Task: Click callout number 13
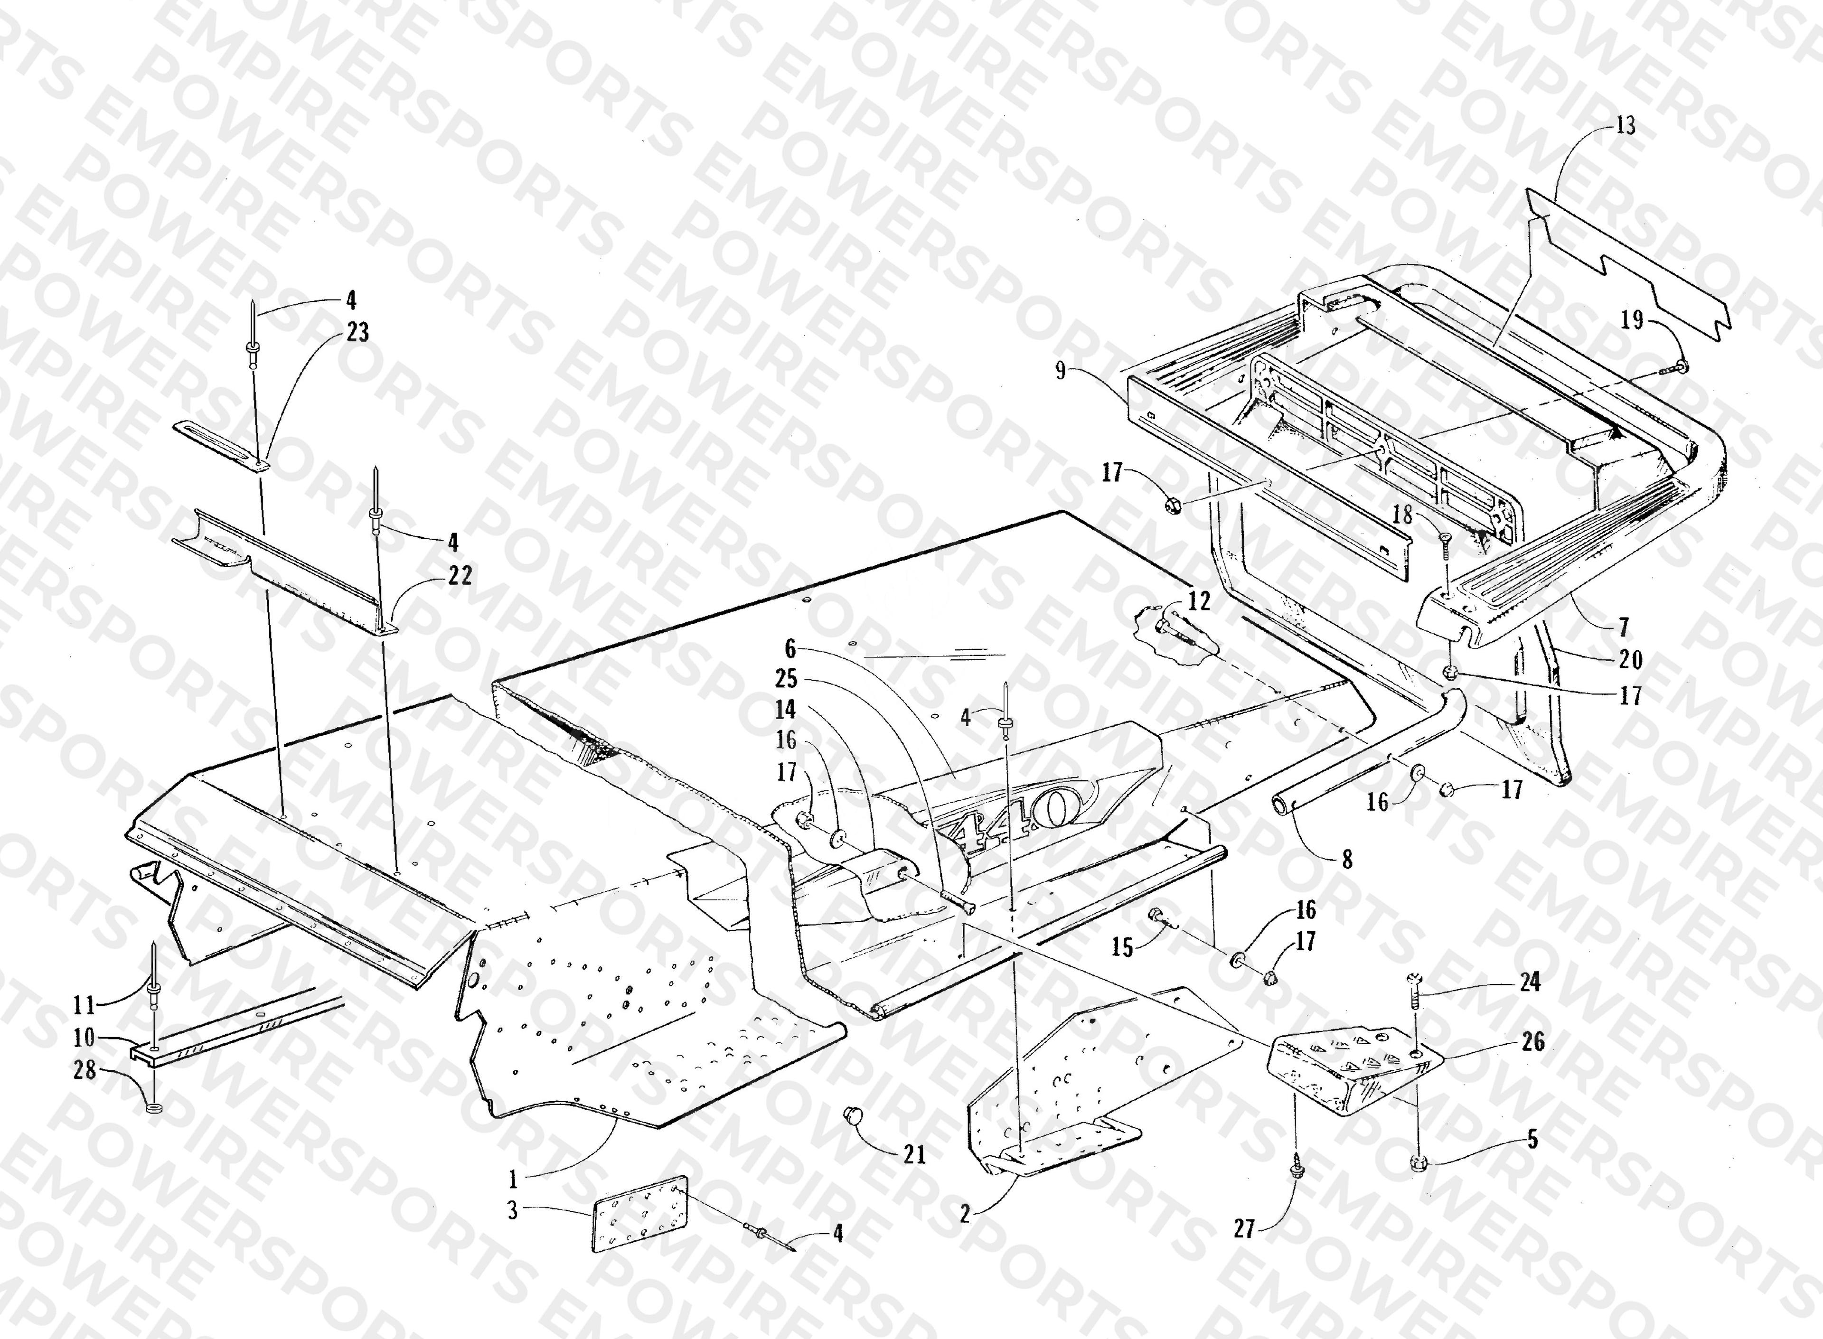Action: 1625,126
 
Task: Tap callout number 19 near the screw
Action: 1632,320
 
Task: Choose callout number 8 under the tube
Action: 1347,859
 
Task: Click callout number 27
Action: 1244,1229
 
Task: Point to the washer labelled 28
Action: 152,1107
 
